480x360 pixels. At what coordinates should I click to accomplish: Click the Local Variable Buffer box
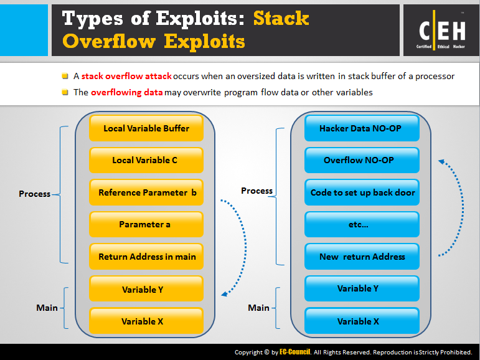146,128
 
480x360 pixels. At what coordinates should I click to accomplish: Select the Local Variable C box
146,160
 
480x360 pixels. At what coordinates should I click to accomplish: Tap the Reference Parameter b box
146,192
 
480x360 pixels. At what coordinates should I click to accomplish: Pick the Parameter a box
146,224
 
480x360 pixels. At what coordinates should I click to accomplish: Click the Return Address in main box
146,257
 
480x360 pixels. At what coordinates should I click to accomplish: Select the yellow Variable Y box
146,288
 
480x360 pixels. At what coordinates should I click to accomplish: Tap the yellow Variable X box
146,321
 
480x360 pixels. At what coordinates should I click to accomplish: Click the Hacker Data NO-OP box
362,128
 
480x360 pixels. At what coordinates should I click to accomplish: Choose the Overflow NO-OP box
362,160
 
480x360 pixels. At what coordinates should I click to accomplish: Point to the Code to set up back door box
362,192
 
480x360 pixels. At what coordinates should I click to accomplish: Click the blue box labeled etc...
362,224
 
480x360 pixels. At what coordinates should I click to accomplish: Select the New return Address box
362,257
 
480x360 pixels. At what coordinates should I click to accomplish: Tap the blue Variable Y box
362,288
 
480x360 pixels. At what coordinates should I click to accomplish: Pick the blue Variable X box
362,321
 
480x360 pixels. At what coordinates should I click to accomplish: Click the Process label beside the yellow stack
35,194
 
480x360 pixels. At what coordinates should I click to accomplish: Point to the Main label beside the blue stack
258,308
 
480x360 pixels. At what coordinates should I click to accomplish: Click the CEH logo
441,30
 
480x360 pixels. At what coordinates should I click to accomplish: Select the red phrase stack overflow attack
126,76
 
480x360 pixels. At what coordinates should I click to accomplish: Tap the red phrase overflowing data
127,92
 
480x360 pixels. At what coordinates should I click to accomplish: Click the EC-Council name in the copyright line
295,352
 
